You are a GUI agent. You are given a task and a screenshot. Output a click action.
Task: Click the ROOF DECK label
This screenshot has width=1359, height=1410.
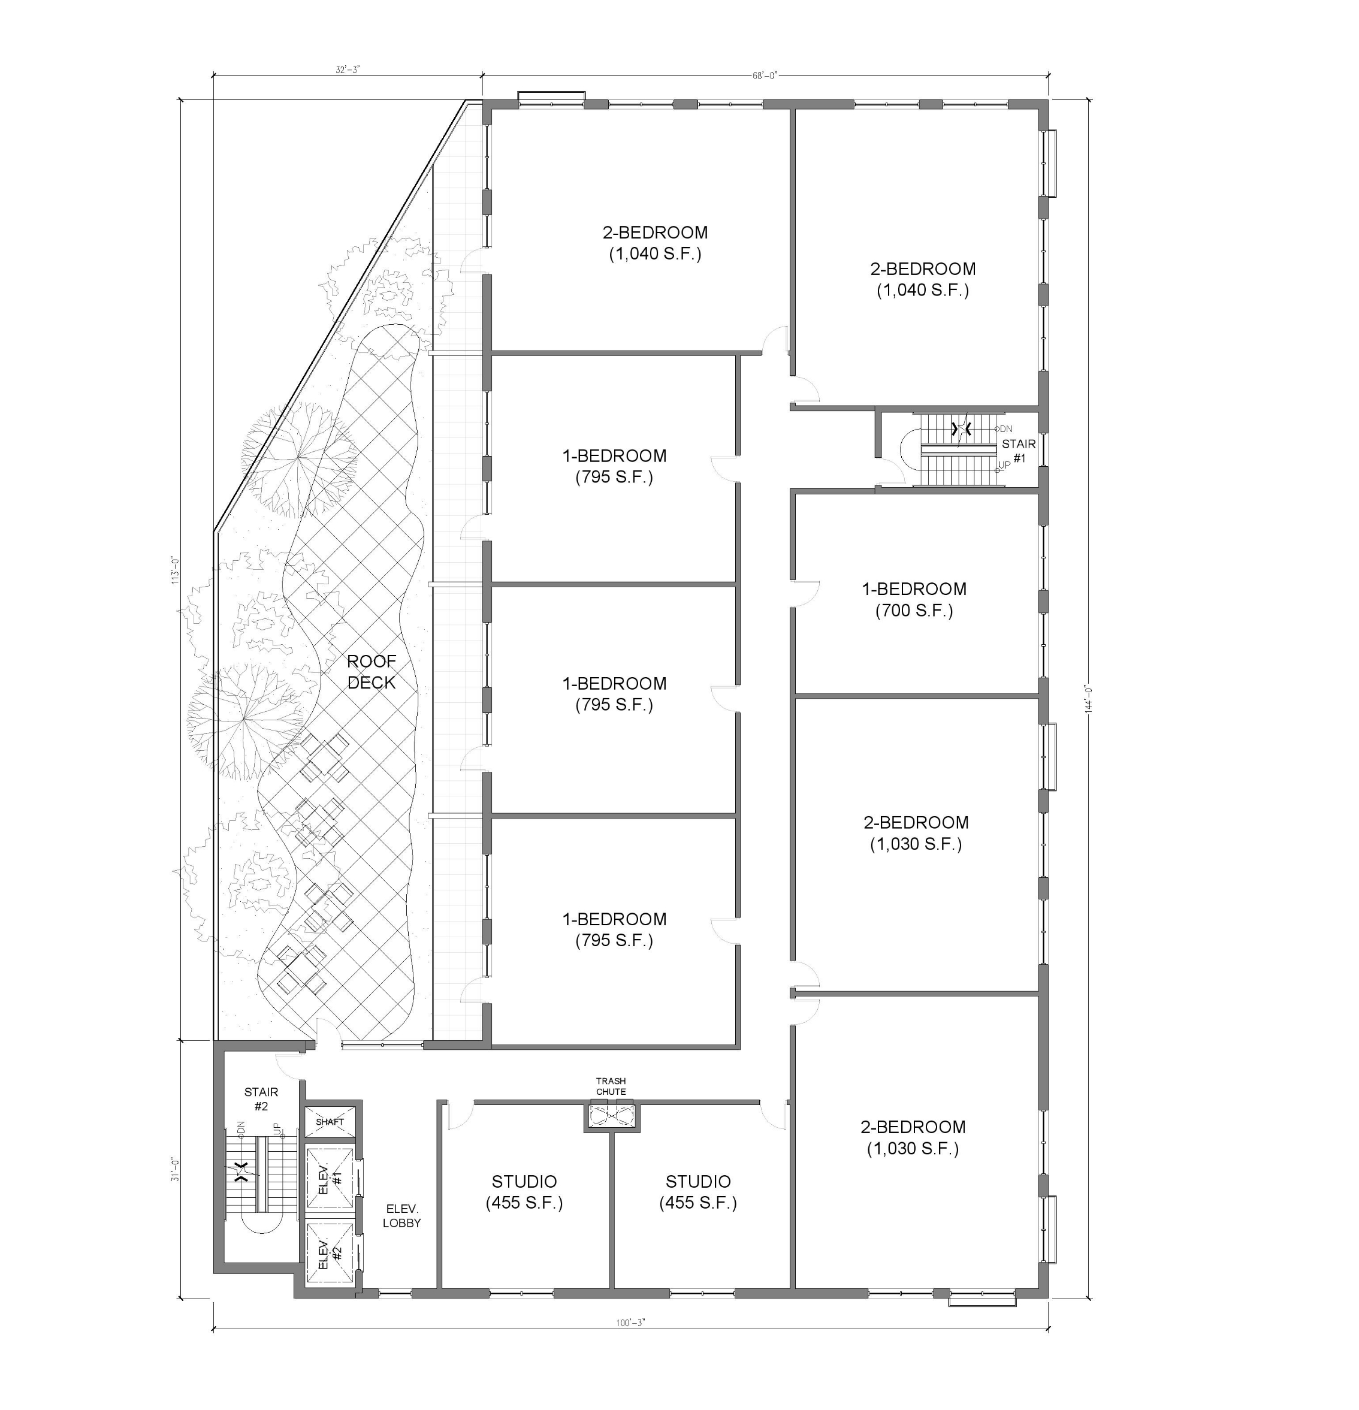click(x=372, y=672)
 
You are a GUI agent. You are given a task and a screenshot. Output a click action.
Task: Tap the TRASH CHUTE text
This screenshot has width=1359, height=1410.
click(x=611, y=1086)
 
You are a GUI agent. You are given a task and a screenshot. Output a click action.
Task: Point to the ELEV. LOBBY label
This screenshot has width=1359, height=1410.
click(x=401, y=1216)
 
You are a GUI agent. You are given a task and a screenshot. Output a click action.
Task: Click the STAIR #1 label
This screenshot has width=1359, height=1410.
click(x=1019, y=451)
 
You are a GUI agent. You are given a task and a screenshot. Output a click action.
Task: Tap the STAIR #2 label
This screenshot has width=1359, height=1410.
click(x=261, y=1099)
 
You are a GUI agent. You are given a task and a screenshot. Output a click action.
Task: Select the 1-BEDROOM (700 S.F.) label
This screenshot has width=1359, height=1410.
click(x=914, y=600)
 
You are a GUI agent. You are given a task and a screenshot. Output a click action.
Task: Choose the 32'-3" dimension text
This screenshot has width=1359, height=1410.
click(x=348, y=70)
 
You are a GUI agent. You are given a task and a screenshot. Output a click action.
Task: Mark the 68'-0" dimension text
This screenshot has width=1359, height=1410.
click(x=765, y=76)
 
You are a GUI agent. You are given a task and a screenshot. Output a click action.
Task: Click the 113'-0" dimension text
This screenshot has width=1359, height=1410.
click(x=175, y=570)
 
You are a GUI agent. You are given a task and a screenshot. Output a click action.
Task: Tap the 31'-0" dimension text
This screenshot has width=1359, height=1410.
click(x=175, y=1169)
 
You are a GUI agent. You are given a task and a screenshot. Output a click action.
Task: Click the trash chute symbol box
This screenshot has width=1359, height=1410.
click(x=611, y=1116)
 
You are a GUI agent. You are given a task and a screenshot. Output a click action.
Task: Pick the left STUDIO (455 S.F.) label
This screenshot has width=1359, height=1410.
click(x=524, y=1192)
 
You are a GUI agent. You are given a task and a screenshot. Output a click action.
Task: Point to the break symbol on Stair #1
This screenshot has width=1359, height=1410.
click(x=961, y=429)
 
